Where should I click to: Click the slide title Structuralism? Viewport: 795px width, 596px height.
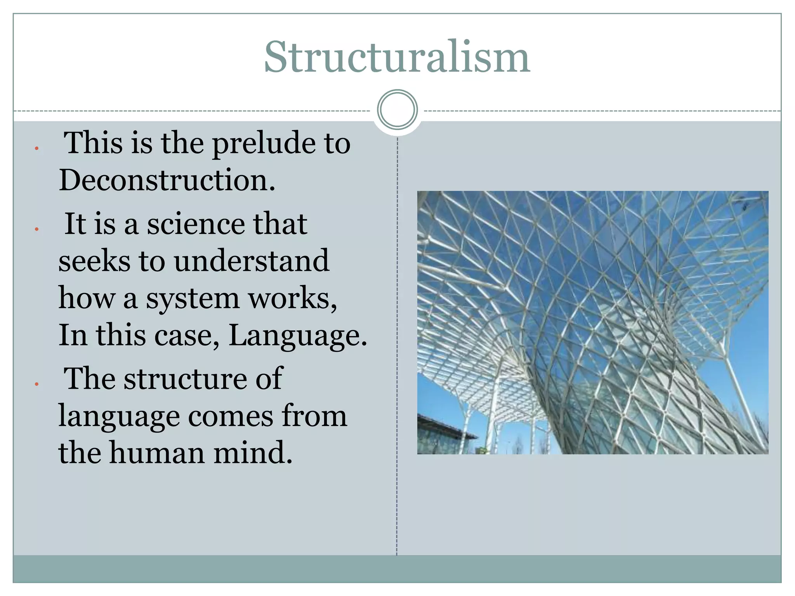tap(397, 57)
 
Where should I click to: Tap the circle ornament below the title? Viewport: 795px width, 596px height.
tap(397, 109)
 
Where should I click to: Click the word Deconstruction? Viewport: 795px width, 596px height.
tap(167, 180)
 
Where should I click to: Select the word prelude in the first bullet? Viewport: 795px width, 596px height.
tap(264, 144)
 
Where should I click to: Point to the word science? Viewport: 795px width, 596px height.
tap(196, 224)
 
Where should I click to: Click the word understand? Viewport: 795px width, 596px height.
tap(252, 261)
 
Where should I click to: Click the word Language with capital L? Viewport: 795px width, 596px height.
tap(297, 335)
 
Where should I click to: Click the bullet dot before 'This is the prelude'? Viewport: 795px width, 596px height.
tap(36, 148)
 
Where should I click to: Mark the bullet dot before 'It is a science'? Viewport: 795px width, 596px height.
tap(36, 229)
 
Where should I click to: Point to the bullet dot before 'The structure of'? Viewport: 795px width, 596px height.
tap(36, 384)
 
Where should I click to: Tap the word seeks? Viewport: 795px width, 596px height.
tap(94, 261)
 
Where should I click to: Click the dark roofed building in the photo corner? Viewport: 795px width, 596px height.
tap(443, 435)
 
